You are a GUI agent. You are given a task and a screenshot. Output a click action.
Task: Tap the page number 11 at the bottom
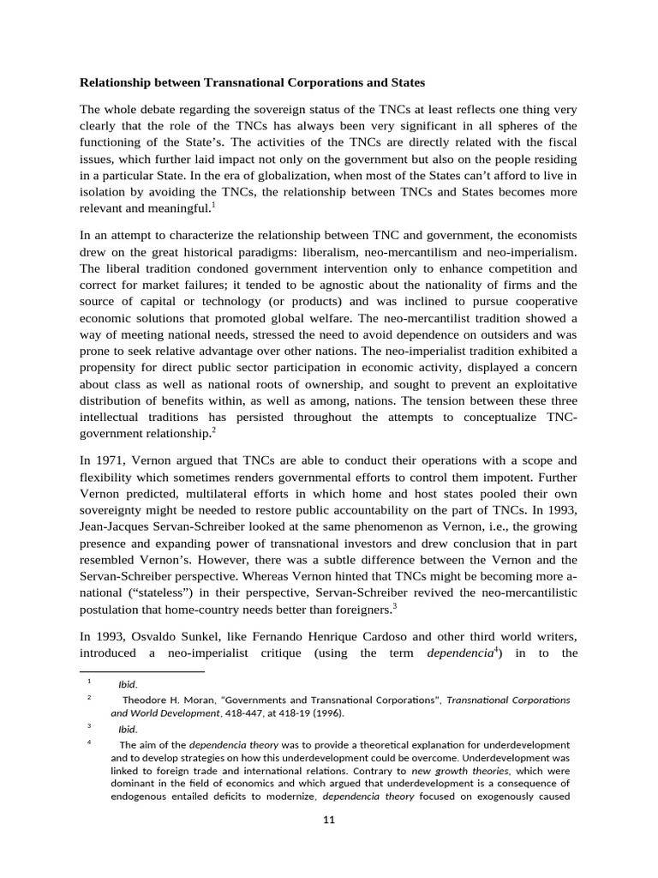click(x=328, y=820)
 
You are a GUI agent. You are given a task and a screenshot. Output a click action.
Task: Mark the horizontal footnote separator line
click(x=142, y=672)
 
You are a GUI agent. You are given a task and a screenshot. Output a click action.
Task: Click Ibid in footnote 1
click(x=127, y=684)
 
